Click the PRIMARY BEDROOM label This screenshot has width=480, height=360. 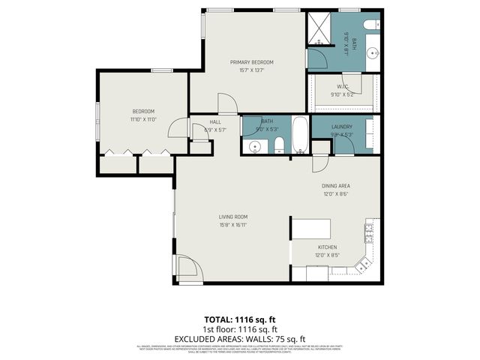click(x=251, y=62)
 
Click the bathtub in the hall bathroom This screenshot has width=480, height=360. click(x=298, y=135)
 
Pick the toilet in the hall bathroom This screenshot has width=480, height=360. click(x=277, y=145)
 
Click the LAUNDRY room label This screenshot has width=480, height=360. click(x=342, y=127)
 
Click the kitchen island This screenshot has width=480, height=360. click(x=311, y=229)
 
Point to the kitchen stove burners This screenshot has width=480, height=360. click(x=368, y=233)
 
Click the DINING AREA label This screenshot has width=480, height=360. click(x=336, y=185)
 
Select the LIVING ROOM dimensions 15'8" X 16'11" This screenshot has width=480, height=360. click(x=233, y=224)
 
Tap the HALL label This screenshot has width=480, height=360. click(x=215, y=121)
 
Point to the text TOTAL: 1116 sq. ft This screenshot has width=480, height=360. click(x=240, y=319)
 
